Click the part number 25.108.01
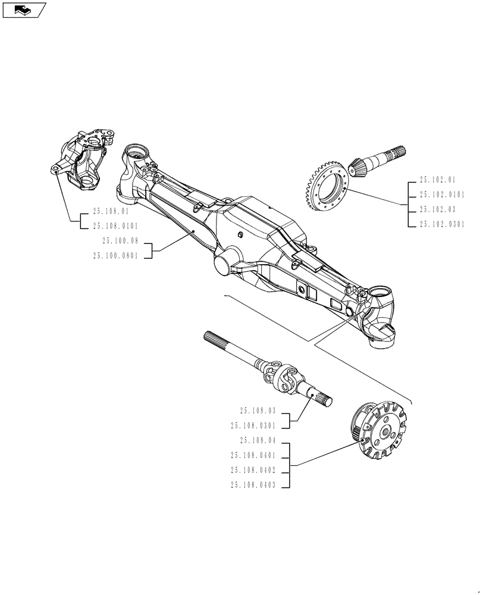click(x=111, y=211)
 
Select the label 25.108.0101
click(x=115, y=226)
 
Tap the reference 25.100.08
click(x=120, y=241)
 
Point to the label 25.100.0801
click(x=115, y=256)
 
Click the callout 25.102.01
click(x=437, y=179)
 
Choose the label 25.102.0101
click(x=442, y=195)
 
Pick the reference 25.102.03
click(x=437, y=209)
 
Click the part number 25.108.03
click(x=258, y=411)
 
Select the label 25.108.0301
click(x=253, y=425)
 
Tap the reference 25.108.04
click(x=258, y=441)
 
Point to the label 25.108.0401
click(x=253, y=456)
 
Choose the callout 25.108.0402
click(x=253, y=471)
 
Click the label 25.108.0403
click(x=253, y=486)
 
